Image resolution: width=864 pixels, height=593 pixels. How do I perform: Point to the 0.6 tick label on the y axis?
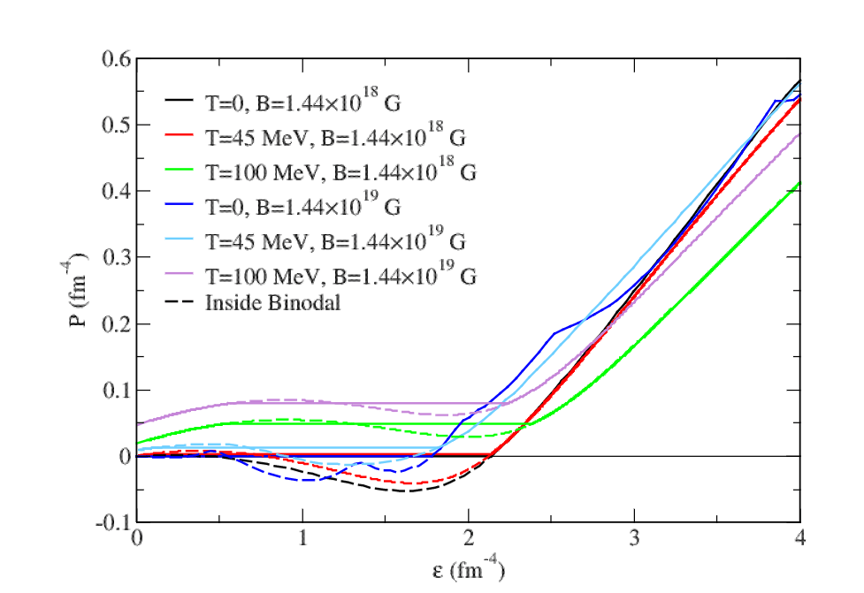click(115, 59)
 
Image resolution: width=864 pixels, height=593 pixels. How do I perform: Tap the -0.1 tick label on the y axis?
click(111, 522)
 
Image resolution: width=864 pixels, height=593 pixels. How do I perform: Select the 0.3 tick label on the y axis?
click(115, 257)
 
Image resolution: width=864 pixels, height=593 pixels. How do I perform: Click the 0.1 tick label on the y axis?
click(115, 390)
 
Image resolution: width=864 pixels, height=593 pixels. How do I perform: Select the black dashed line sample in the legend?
click(180, 302)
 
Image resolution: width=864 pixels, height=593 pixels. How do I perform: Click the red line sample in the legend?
click(180, 138)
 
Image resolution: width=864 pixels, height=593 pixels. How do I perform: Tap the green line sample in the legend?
click(180, 172)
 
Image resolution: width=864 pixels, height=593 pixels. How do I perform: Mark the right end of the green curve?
click(799, 183)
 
